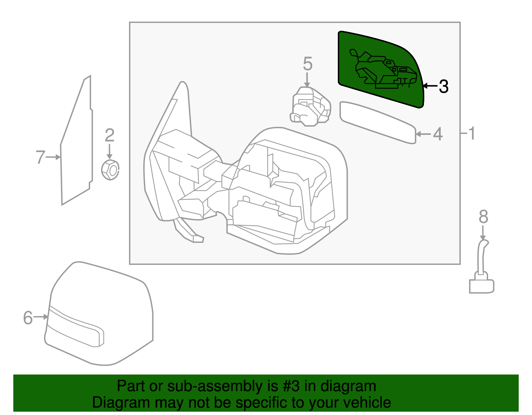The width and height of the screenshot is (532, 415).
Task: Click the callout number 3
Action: click(444, 86)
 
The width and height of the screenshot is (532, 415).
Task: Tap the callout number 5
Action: click(308, 64)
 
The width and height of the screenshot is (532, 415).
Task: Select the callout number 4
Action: click(438, 134)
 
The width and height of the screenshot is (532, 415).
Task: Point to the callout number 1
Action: click(471, 133)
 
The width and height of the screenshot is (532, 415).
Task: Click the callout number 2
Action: click(109, 136)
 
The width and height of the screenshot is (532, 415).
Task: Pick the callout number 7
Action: click(40, 157)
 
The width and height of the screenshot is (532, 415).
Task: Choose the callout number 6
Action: click(28, 318)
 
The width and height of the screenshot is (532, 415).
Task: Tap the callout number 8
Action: click(483, 217)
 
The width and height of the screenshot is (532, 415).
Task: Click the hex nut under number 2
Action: click(110, 170)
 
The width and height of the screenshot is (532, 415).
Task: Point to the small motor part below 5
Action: click(311, 106)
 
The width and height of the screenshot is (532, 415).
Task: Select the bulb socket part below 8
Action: click(481, 276)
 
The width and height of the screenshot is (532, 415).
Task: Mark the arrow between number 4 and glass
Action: click(423, 134)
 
